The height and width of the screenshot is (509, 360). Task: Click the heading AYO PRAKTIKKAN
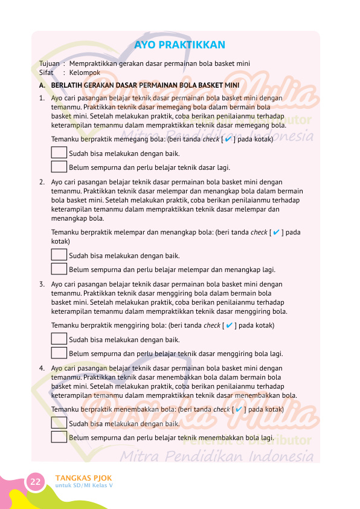pos(179,45)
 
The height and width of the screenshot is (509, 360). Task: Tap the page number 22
pos(36,481)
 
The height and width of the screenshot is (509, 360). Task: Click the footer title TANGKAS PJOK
pos(83,478)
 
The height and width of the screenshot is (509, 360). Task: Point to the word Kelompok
pos(85,73)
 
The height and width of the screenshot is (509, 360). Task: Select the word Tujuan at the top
pos(49,63)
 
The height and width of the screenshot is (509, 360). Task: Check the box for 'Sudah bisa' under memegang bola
pos(59,154)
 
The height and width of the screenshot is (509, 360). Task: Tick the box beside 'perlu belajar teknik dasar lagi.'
pos(59,167)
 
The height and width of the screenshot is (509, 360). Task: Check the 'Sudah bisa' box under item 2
pos(59,256)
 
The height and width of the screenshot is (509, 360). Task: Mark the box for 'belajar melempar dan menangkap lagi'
pos(59,269)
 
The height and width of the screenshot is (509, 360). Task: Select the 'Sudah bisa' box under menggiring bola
pos(59,340)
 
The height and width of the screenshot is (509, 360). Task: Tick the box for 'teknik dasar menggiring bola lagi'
pos(59,353)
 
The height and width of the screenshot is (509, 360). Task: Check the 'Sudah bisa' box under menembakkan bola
pos(59,424)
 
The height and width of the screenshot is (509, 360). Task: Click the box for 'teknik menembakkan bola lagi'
pos(59,437)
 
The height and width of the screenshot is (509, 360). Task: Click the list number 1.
pos(41,97)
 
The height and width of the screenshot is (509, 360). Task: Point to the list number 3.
pos(41,284)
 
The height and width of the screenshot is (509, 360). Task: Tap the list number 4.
pos(41,368)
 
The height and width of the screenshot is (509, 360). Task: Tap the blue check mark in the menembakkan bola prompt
pos(238,409)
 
